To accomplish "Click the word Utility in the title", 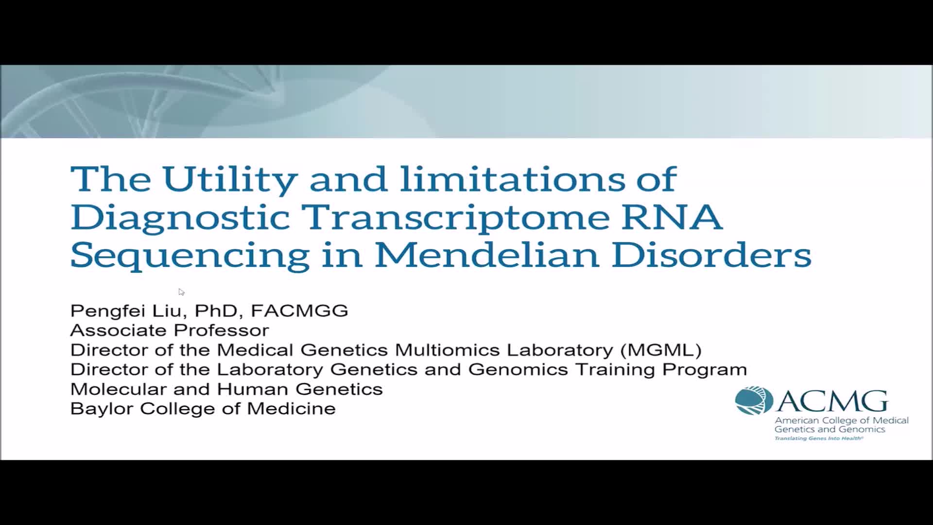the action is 230,180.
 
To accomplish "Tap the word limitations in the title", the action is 512,178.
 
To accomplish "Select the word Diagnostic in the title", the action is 180,218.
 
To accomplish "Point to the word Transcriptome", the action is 455,218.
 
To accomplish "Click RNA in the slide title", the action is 672,216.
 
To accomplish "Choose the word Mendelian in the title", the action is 487,254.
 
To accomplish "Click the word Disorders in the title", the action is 711,254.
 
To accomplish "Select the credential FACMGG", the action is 299,311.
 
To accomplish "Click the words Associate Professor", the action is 170,331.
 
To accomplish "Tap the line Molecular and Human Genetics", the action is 227,389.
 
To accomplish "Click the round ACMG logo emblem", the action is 754,401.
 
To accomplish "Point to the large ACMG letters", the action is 833,402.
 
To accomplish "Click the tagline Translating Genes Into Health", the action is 819,438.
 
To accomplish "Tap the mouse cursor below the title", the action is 181,292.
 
